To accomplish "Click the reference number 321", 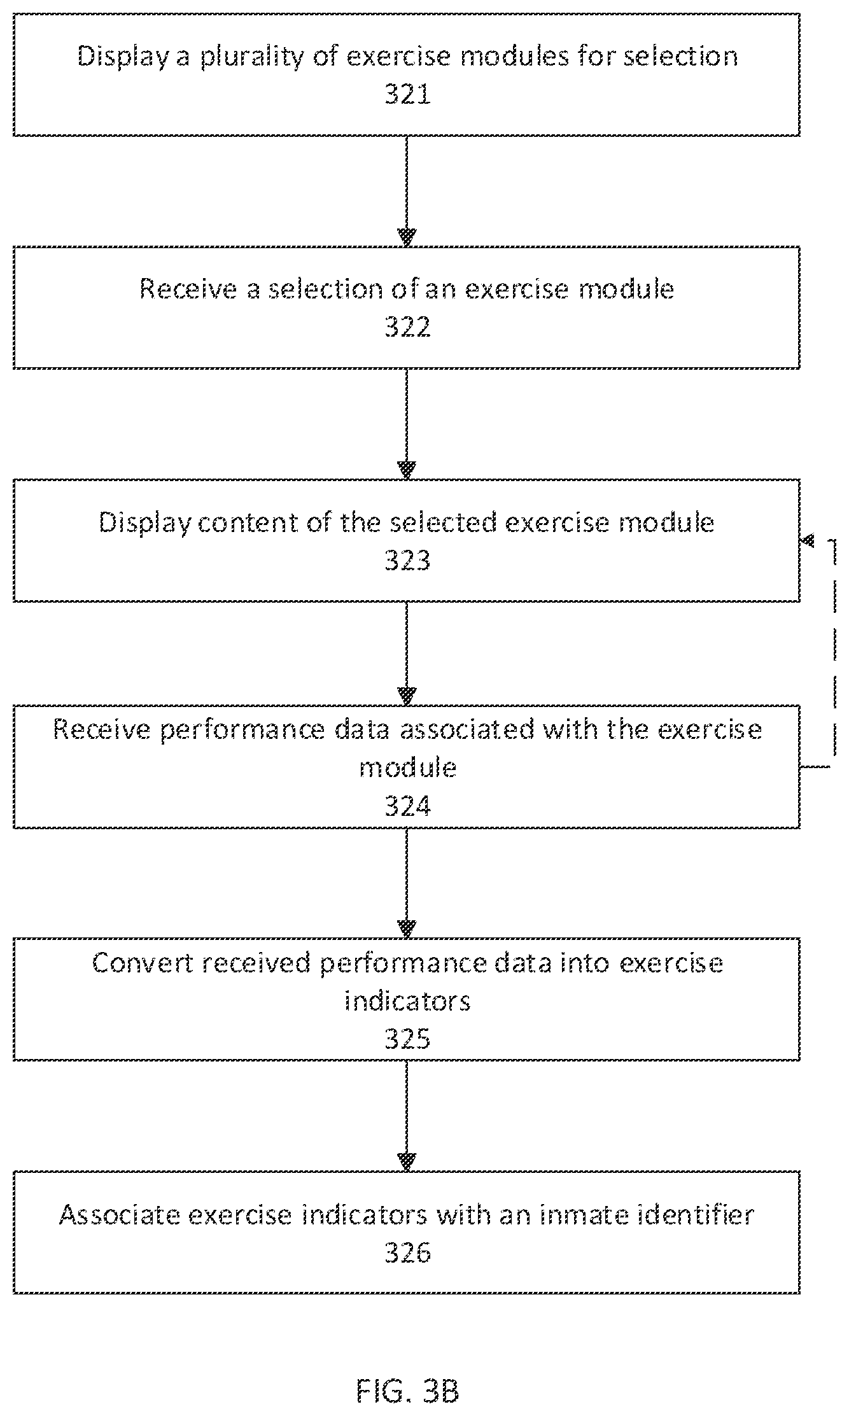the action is click(x=407, y=95).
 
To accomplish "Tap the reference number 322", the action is click(x=407, y=328).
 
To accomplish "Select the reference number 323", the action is click(x=407, y=561).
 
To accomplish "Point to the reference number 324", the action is click(x=407, y=806).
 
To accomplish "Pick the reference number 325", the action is click(x=407, y=1039).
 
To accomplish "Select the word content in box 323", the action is click(x=244, y=523).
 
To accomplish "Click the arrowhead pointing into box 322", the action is click(x=407, y=237).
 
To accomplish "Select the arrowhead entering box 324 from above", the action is click(x=407, y=696).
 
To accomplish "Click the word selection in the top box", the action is click(x=680, y=57).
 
